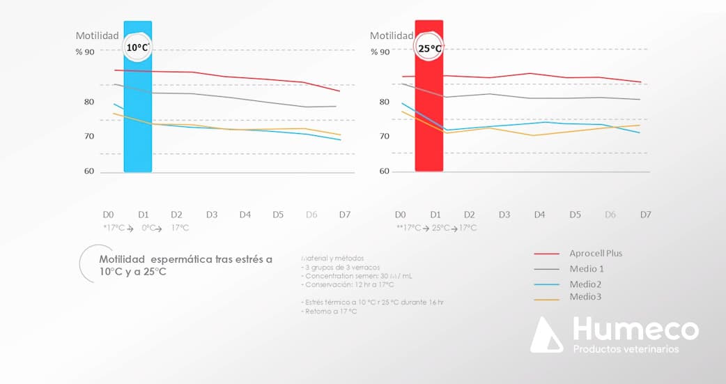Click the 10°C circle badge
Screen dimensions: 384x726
coord(137,47)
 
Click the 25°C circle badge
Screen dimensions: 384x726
coord(429,48)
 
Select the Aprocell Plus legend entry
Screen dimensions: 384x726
coord(596,254)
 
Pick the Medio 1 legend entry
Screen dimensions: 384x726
coord(586,268)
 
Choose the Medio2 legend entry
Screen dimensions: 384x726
coord(585,284)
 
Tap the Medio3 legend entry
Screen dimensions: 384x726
coord(585,297)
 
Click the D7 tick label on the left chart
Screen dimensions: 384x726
coord(345,215)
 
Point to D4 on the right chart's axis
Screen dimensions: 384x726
coord(539,215)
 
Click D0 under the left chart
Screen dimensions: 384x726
coord(108,215)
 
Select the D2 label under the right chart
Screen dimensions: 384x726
coord(470,215)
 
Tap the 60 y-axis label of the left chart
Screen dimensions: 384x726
coord(88,171)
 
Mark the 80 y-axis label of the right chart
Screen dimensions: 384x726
coord(385,102)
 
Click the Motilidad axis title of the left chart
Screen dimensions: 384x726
coord(97,36)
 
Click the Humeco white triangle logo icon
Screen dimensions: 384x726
coord(546,335)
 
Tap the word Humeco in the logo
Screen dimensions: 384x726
coord(635,329)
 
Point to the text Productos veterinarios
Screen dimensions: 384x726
coord(625,348)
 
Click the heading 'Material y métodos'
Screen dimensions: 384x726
coord(333,258)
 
